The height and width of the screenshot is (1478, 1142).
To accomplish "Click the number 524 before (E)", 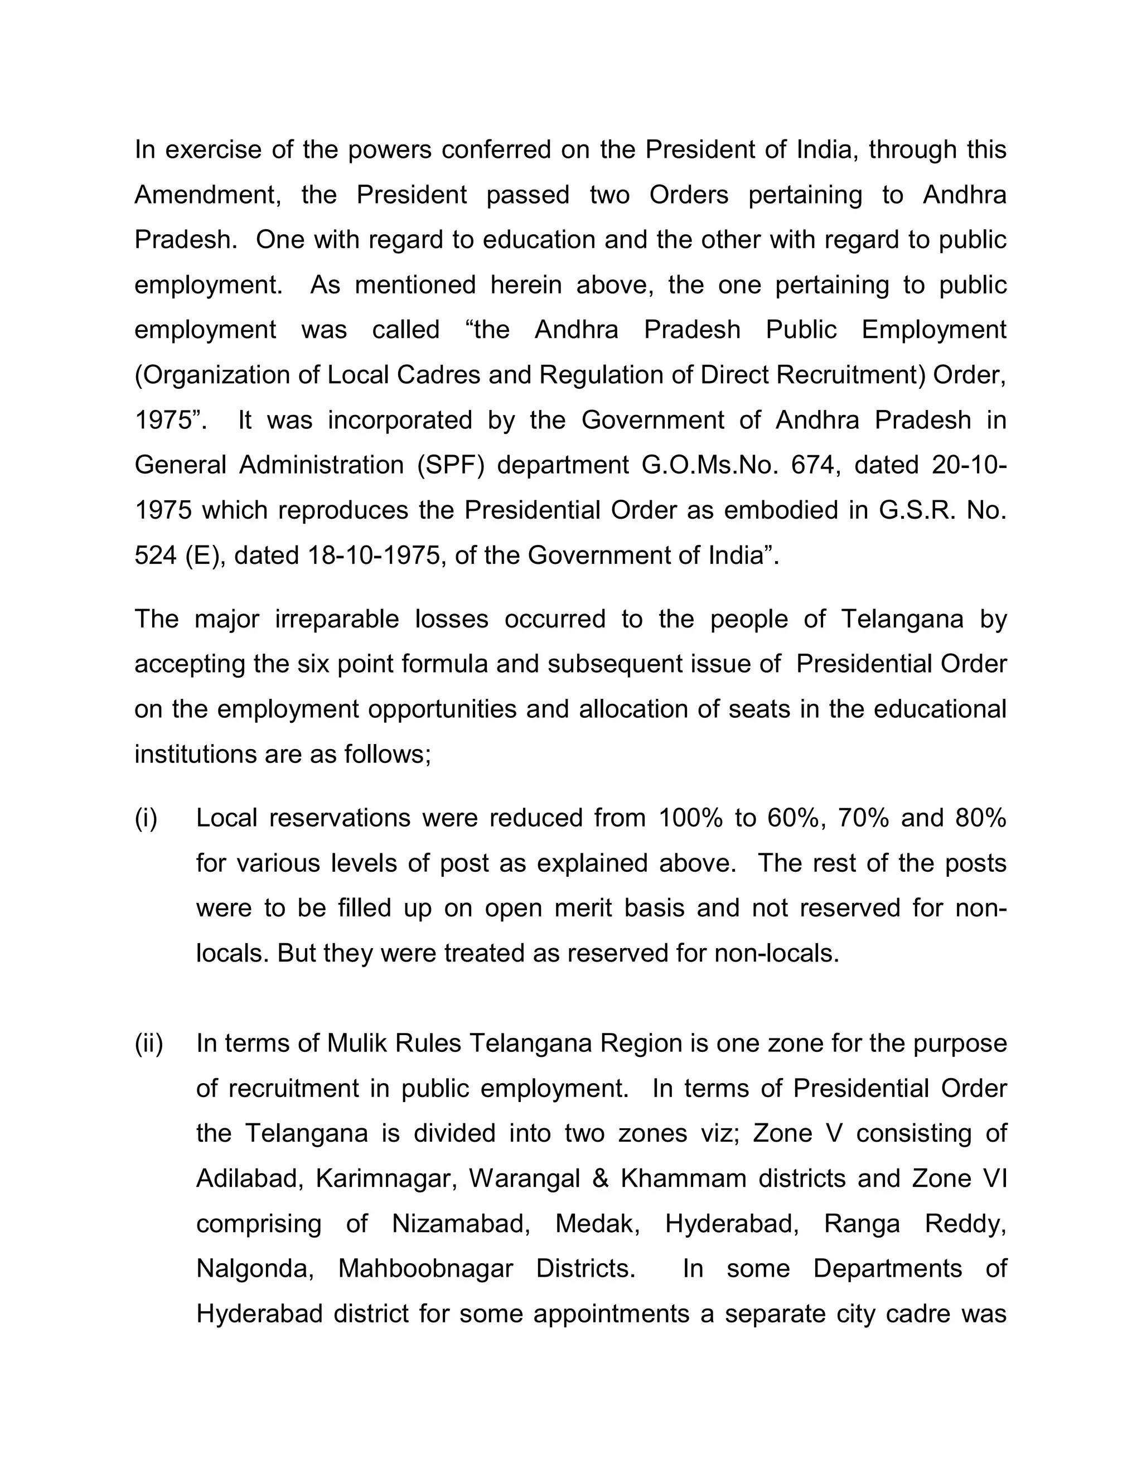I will [x=155, y=555].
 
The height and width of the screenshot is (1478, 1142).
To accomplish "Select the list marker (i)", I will [x=146, y=818].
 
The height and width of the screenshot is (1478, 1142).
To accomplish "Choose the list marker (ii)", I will [x=149, y=1044].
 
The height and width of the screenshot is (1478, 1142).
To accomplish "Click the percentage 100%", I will [x=690, y=818].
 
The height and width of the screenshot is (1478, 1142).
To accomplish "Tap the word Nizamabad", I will [x=460, y=1224].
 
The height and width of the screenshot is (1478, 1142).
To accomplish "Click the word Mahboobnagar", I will [x=425, y=1269].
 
